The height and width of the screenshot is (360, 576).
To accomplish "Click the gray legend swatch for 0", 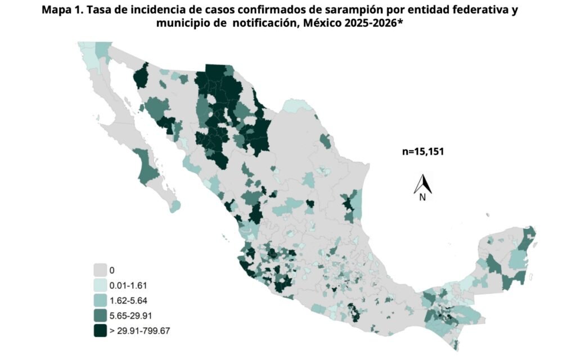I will coord(101,270).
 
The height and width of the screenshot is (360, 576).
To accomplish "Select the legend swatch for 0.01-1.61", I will coord(101,285).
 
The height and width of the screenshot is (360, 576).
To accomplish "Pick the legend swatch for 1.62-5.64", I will coord(101,300).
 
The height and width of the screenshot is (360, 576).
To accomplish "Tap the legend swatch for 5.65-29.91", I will coord(101,316).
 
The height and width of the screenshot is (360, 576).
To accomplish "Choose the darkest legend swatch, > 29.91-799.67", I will coord(101,331).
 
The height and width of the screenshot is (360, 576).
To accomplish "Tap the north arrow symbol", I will coord(422,183).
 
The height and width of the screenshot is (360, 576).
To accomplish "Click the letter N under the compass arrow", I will coord(422,197).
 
